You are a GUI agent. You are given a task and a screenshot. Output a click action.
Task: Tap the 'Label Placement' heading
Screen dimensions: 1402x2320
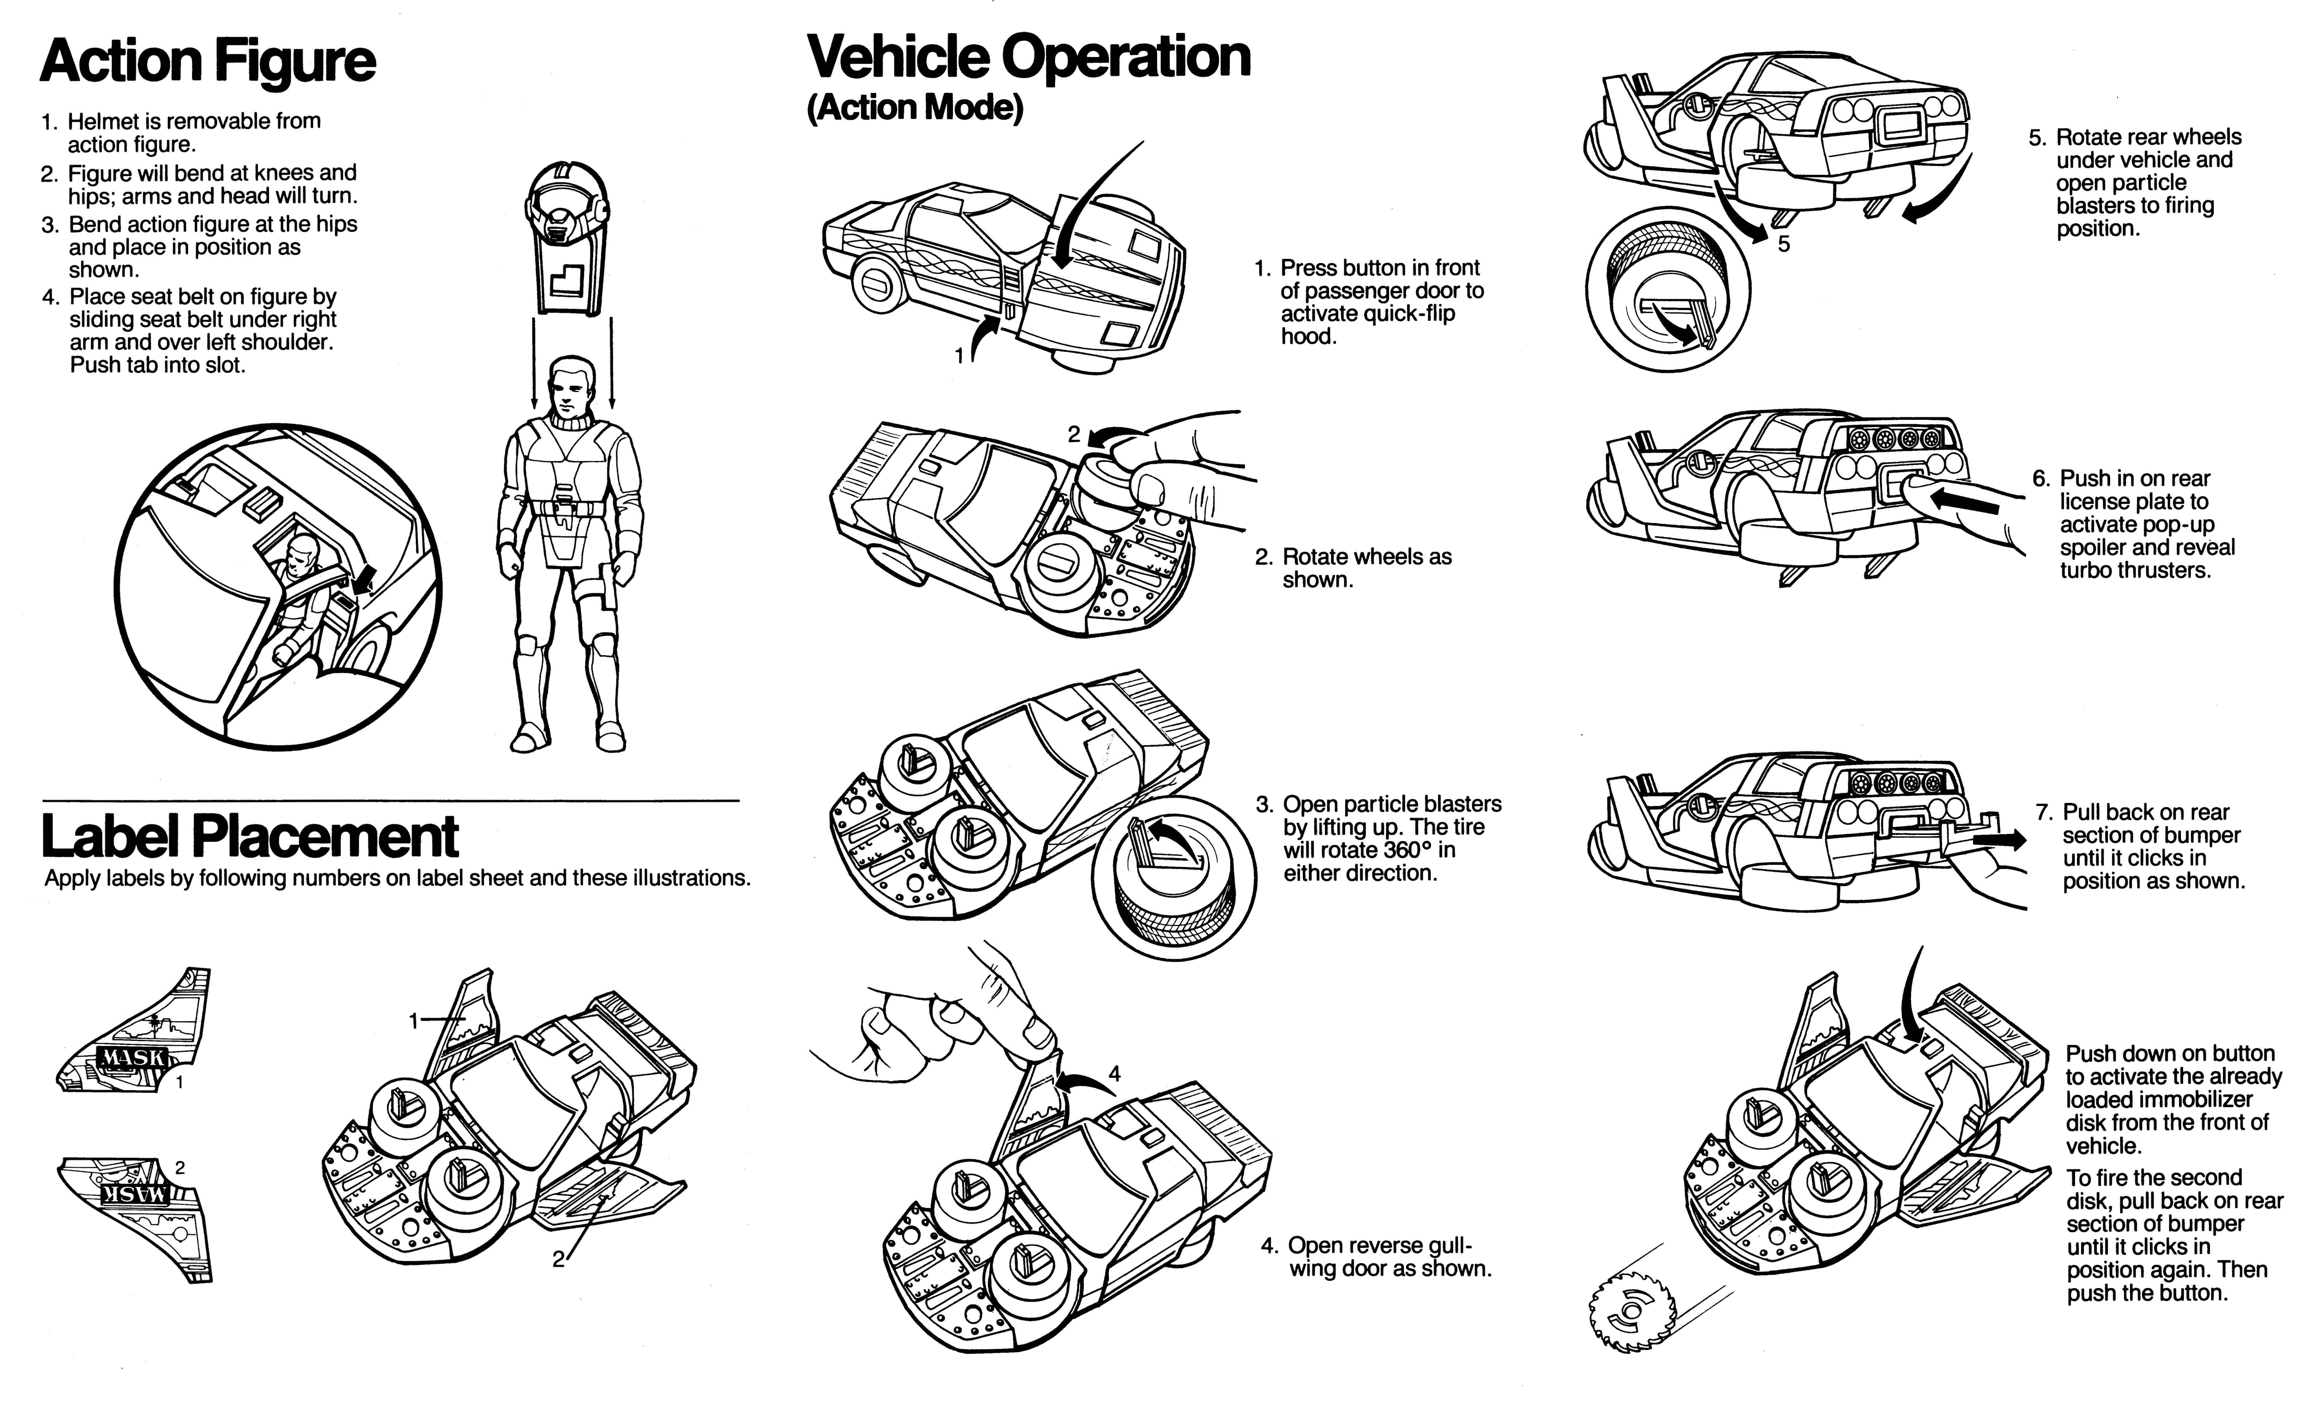pos(249,836)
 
